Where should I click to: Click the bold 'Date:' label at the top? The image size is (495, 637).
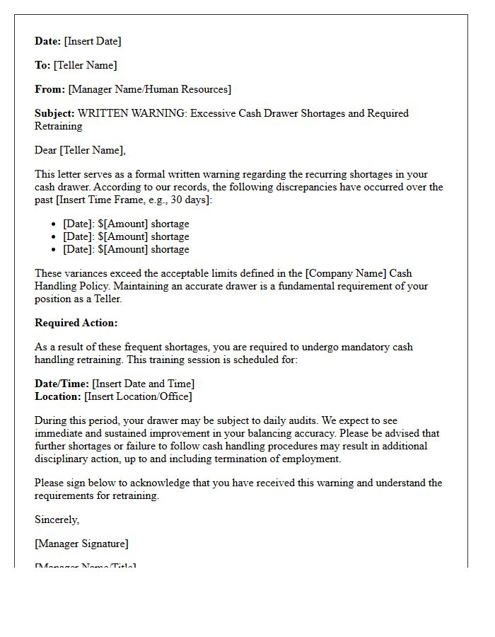(x=47, y=41)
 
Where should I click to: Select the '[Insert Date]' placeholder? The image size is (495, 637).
(x=93, y=41)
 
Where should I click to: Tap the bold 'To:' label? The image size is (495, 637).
(x=42, y=65)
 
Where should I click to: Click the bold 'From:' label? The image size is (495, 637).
(x=49, y=89)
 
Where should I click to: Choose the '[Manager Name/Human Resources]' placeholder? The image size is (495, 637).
(x=149, y=89)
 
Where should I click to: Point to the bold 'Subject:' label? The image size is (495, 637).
(x=54, y=113)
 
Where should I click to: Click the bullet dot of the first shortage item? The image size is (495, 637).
(x=54, y=224)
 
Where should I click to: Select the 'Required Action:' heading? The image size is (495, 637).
(x=76, y=323)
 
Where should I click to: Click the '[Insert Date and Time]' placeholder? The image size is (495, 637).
(x=143, y=384)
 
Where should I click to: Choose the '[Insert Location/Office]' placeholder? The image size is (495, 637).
(x=138, y=396)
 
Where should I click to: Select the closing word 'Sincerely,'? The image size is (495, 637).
(x=57, y=520)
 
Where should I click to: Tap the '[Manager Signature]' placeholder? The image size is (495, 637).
(x=81, y=544)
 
